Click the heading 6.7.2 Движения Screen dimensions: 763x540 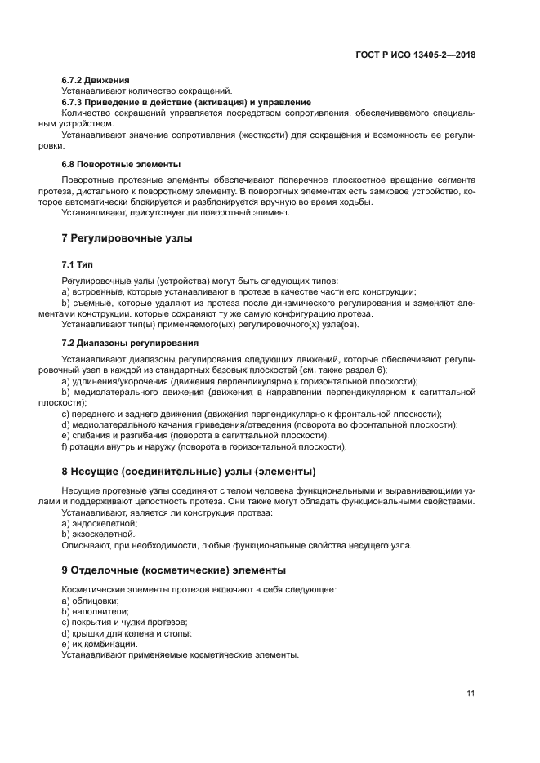coord(96,80)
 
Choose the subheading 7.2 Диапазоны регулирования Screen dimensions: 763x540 coord(129,343)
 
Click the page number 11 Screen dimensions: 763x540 coord(471,693)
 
